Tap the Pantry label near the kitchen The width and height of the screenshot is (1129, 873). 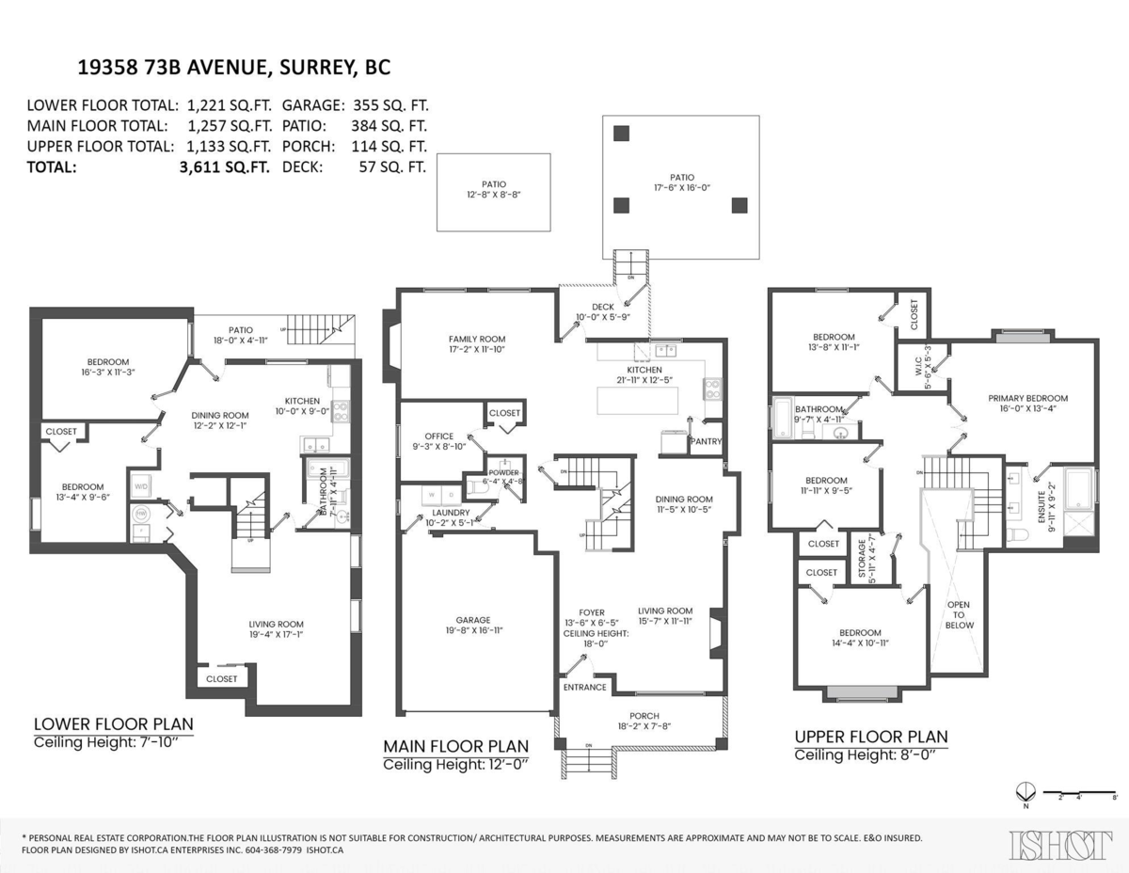pyautogui.click(x=705, y=440)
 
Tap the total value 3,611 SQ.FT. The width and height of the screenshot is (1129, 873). pyautogui.click(x=225, y=167)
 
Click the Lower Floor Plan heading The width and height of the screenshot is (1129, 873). pyautogui.click(x=114, y=723)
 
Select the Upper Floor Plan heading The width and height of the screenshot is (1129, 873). pyautogui.click(x=871, y=736)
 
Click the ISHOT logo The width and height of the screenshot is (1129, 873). pyautogui.click(x=1059, y=845)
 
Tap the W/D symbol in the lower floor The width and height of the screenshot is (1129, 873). pyautogui.click(x=141, y=486)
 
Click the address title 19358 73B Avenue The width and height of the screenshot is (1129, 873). pyautogui.click(x=233, y=68)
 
